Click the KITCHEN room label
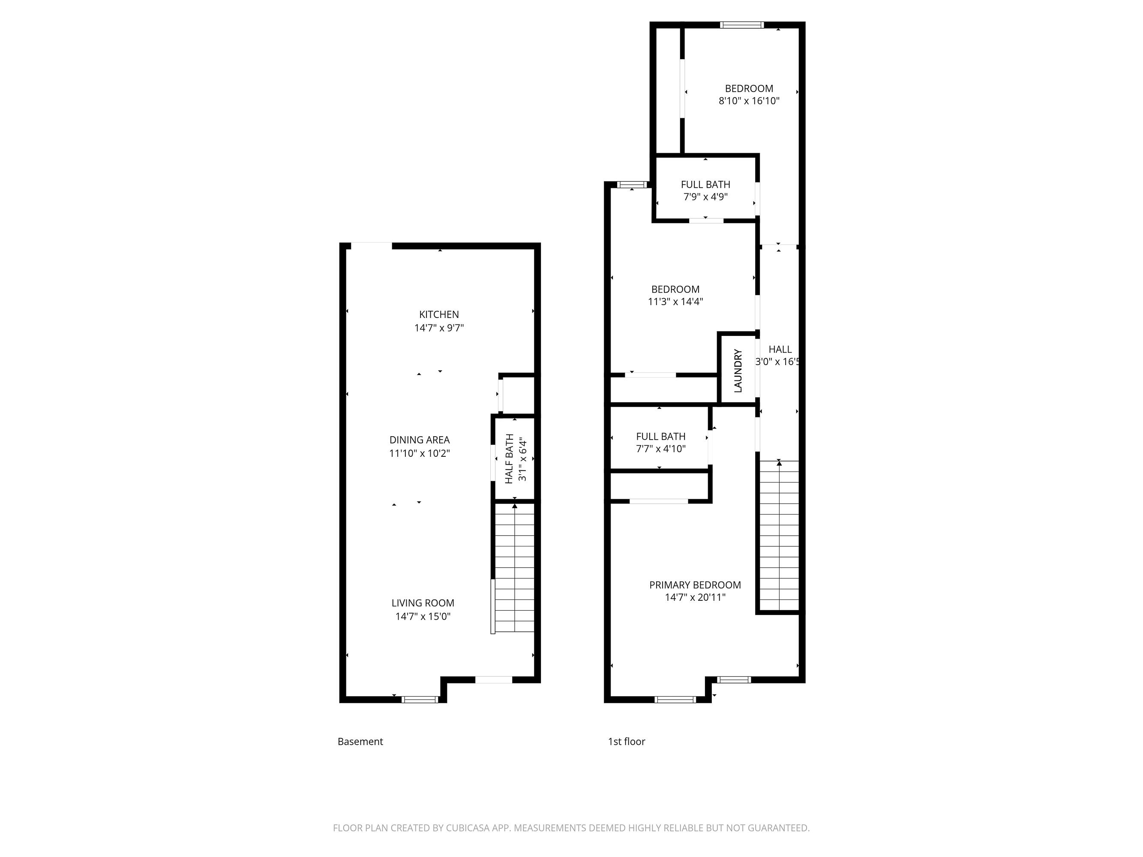pyautogui.click(x=439, y=314)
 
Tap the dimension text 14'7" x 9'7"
pyautogui.click(x=439, y=327)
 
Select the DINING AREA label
pyautogui.click(x=419, y=440)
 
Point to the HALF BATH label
pyautogui.click(x=510, y=459)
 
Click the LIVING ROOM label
pyautogui.click(x=423, y=603)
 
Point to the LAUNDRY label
pyautogui.click(x=738, y=370)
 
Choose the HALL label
pyautogui.click(x=780, y=349)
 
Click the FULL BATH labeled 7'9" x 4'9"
pyautogui.click(x=705, y=184)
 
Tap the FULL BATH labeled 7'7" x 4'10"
pyautogui.click(x=660, y=437)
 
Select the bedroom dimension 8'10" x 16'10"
pyautogui.click(x=749, y=101)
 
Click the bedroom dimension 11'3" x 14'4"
pyautogui.click(x=675, y=302)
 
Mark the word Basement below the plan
pyautogui.click(x=360, y=741)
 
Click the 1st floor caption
pyautogui.click(x=626, y=741)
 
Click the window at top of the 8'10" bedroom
pyautogui.click(x=742, y=25)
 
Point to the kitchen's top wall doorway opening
pyautogui.click(x=369, y=246)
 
